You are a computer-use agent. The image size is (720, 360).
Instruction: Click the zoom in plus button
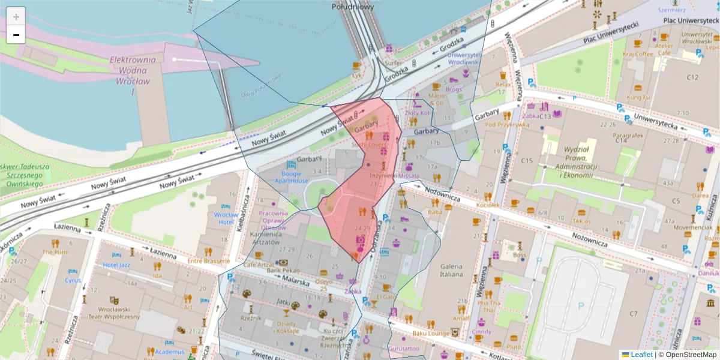click(x=16, y=16)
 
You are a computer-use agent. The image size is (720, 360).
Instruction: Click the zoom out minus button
click(x=16, y=35)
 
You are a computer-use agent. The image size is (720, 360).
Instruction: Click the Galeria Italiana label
click(x=451, y=271)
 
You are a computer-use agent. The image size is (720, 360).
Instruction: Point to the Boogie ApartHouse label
click(x=292, y=177)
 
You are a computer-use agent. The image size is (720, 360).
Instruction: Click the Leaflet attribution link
click(x=641, y=355)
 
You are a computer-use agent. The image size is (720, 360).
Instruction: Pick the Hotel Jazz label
click(x=116, y=265)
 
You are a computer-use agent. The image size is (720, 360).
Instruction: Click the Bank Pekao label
click(x=283, y=271)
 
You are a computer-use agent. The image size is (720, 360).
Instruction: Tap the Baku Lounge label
click(x=430, y=333)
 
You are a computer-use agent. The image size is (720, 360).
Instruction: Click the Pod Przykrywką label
click(x=507, y=125)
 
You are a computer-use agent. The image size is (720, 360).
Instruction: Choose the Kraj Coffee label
click(x=638, y=53)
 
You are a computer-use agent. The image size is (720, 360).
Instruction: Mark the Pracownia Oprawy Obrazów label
click(x=274, y=220)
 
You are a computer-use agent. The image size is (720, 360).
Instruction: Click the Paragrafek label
click(x=628, y=136)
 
